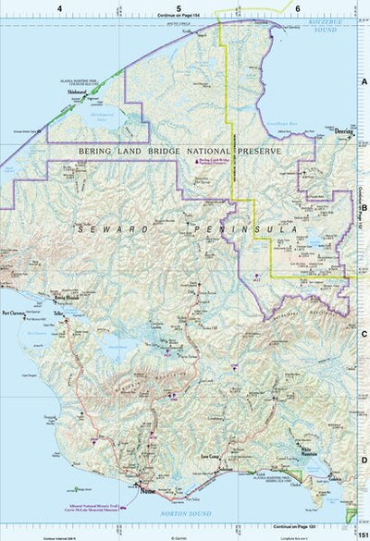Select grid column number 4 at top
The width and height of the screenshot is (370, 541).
[59, 7]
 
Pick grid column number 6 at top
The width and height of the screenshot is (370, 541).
[298, 7]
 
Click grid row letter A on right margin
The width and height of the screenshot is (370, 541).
[364, 82]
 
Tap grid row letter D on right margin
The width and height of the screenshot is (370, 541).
[364, 460]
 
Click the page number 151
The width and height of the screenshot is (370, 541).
[363, 531]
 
